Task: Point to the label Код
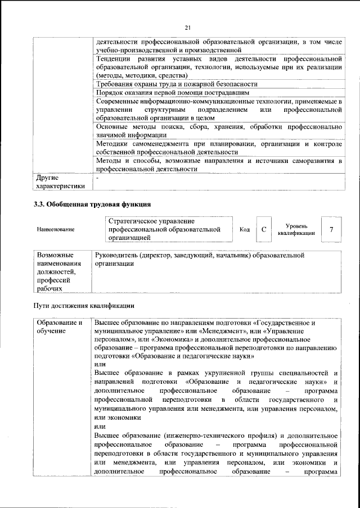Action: (x=245, y=229)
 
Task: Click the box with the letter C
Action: (x=264, y=229)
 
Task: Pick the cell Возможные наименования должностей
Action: (x=61, y=271)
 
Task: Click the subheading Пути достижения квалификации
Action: (x=84, y=306)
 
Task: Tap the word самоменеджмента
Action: (x=157, y=144)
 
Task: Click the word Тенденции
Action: (x=114, y=58)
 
